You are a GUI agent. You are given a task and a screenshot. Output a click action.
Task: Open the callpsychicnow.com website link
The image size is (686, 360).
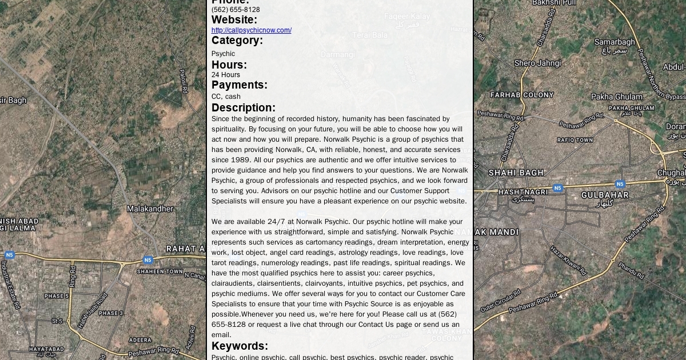(251, 30)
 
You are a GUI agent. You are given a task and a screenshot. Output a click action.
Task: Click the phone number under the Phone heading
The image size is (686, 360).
(236, 10)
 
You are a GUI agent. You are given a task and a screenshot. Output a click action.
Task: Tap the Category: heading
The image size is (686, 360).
(237, 41)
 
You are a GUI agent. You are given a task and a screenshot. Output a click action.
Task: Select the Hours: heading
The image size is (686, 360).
(229, 65)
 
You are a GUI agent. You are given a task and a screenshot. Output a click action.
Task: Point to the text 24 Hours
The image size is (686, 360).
(226, 75)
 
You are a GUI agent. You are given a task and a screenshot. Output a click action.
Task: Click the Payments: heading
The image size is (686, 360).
(240, 85)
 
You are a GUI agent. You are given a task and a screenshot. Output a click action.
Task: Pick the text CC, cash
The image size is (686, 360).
(226, 97)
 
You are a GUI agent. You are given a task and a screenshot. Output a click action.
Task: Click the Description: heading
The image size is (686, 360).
(244, 108)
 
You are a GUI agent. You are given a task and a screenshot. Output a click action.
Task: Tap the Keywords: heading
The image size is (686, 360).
(240, 346)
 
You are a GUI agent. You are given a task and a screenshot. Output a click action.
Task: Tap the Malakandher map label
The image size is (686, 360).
(150, 209)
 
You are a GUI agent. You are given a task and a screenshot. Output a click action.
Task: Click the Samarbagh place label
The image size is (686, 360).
(615, 42)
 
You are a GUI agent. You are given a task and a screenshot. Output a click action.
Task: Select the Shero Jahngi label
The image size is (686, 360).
(537, 63)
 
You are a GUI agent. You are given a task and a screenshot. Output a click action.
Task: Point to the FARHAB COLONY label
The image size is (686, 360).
(522, 95)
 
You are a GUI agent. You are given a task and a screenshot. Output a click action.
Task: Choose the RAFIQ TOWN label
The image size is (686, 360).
(575, 140)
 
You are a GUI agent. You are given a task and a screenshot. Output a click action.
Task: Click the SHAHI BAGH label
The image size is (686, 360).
(516, 173)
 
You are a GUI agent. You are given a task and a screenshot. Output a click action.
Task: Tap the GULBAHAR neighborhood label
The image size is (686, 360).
(605, 195)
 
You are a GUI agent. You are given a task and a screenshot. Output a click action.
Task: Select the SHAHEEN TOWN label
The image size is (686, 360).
(160, 271)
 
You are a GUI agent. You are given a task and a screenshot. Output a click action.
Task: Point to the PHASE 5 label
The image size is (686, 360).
(57, 296)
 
